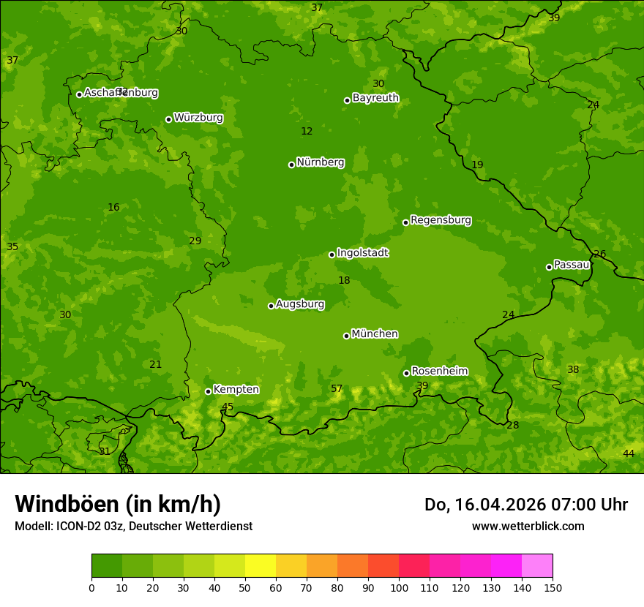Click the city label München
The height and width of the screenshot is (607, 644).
(x=374, y=334)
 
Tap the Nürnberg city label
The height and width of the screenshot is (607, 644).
(x=320, y=162)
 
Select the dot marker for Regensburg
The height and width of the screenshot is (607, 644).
(x=405, y=222)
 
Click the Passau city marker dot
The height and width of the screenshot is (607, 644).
(x=549, y=267)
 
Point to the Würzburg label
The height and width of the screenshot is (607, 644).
(x=198, y=118)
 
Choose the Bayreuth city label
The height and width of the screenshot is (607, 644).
(x=375, y=98)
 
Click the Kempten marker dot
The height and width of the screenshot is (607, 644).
(x=208, y=391)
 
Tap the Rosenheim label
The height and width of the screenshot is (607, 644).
(x=439, y=372)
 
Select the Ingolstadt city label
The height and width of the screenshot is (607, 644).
(x=362, y=253)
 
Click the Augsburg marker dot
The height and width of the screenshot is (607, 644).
(x=271, y=306)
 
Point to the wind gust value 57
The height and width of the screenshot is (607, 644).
(x=337, y=388)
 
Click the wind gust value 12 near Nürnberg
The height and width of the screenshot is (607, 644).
(x=307, y=132)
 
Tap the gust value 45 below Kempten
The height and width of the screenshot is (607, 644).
(x=228, y=407)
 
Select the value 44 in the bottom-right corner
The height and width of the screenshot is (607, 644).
(x=629, y=454)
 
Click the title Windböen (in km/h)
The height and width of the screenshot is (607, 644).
(x=118, y=504)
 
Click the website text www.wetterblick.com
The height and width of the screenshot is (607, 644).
(x=528, y=526)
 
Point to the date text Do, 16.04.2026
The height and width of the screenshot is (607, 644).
(x=483, y=505)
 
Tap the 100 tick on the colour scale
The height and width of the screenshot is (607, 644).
(x=399, y=587)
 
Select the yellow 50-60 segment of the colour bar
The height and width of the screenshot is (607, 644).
(x=260, y=566)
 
